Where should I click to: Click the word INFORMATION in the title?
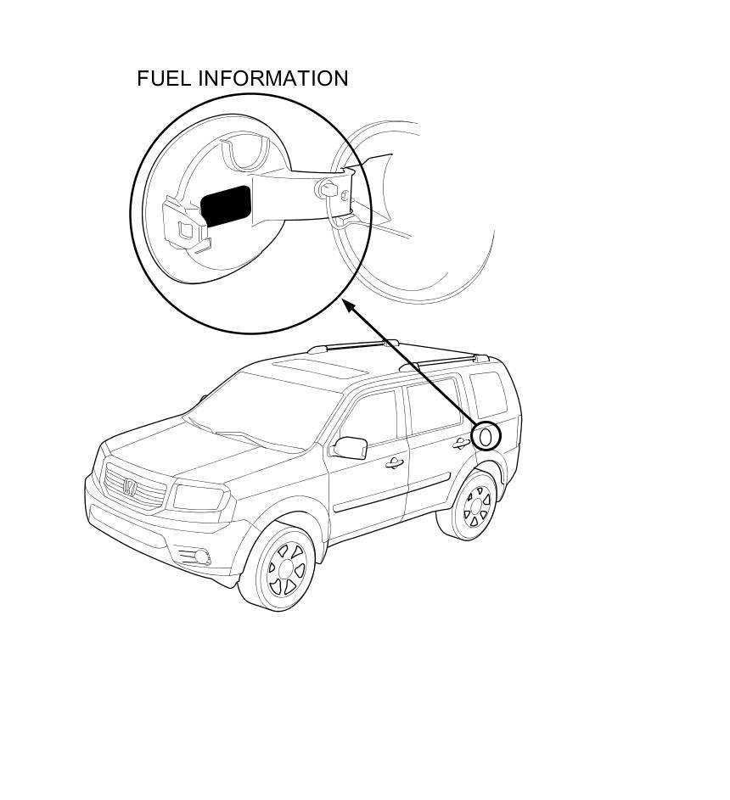coord(273,78)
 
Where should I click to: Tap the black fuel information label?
coord(226,206)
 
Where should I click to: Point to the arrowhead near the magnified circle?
coord(348,305)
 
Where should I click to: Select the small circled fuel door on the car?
coord(486,436)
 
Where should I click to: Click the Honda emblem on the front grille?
coord(129,487)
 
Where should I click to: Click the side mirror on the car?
coord(349,447)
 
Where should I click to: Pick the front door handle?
coord(393,463)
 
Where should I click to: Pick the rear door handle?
coord(461,443)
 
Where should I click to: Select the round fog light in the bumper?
coord(202,557)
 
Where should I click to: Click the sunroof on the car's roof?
coord(314,367)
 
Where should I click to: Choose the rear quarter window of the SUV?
coord(487,391)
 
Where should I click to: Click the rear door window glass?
coord(435,405)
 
